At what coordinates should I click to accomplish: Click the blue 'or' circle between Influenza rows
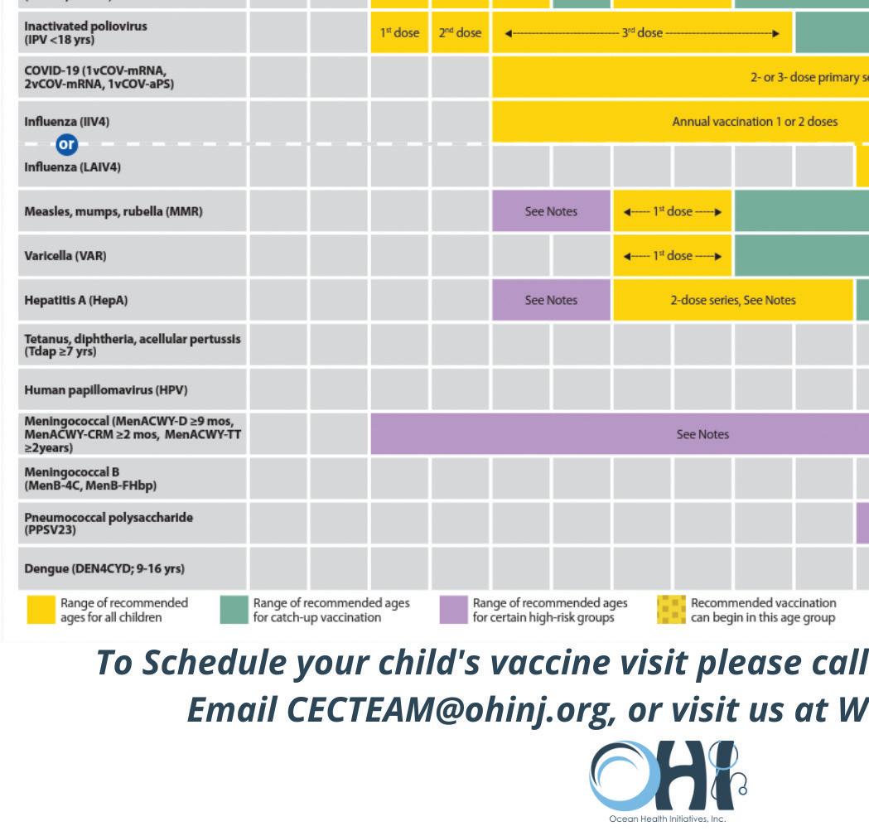(66, 144)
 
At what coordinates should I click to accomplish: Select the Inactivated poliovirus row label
(86, 32)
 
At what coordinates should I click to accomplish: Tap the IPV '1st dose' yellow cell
(399, 32)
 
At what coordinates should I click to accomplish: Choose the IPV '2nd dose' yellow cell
(460, 32)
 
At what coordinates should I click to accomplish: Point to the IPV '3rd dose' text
(642, 32)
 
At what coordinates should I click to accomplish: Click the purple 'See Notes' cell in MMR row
(551, 211)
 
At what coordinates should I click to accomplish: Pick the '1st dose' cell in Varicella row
(673, 255)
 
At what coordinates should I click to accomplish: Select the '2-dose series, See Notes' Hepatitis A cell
(732, 300)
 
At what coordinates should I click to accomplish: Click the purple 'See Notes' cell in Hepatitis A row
(551, 300)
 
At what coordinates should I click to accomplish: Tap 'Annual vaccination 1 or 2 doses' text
(755, 122)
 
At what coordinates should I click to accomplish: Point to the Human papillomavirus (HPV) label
(106, 389)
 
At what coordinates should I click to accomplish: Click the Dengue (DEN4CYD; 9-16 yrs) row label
(104, 568)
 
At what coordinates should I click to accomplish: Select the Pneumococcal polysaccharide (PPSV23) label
(109, 524)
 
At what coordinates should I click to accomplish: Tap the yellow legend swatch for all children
(41, 610)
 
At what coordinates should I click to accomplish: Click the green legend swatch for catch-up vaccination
(234, 610)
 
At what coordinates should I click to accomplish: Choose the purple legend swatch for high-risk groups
(453, 610)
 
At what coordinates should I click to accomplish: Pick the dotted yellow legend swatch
(671, 610)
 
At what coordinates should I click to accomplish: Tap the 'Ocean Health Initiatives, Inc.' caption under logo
(667, 819)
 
